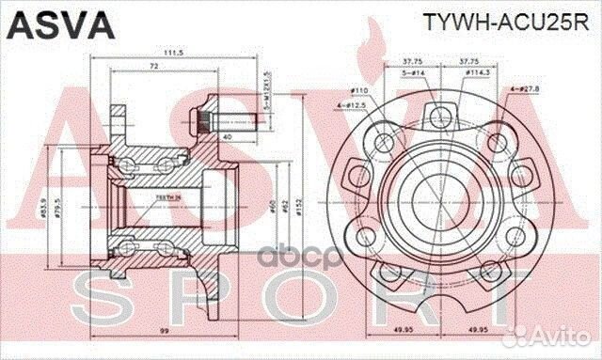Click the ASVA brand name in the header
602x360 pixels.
tap(49, 23)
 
